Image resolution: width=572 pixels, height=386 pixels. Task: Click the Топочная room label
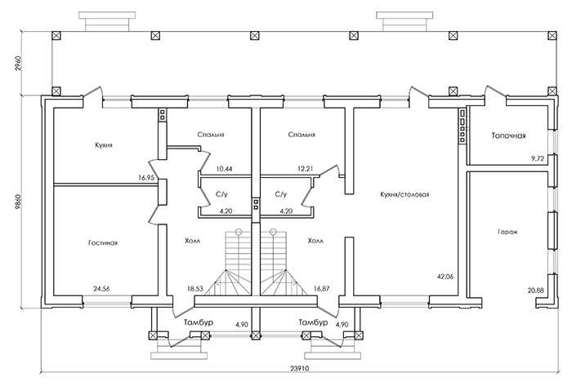pos(508,135)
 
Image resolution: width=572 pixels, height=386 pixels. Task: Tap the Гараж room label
pos(507,232)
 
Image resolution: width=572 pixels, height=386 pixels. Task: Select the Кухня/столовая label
pos(404,194)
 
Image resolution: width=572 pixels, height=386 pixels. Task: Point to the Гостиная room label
pos(103,242)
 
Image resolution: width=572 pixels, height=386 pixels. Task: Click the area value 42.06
pos(445,277)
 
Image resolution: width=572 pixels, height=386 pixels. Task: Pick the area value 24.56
pos(101,289)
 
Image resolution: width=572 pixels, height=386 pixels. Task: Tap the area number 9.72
pos(538,158)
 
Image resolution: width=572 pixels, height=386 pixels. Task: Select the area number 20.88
pos(535,291)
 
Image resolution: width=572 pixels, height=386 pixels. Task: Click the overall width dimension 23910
pos(300,368)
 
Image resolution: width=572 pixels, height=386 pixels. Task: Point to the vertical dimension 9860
pos(18,202)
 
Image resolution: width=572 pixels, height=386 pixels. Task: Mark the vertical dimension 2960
pos(19,63)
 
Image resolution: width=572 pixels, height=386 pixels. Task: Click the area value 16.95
pos(146,178)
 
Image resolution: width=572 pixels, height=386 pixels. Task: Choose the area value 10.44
pos(224,169)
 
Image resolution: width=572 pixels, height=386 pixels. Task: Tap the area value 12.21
pos(305,169)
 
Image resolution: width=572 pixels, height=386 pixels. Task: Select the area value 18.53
pos(195,288)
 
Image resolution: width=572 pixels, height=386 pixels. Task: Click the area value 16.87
pos(321,288)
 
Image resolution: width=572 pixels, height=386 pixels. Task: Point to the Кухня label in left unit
pos(104,145)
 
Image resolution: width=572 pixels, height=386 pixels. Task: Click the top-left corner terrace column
pos(56,36)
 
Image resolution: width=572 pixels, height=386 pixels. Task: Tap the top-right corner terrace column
pos(552,36)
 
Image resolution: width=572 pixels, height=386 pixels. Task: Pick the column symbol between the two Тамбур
pos(256,335)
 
